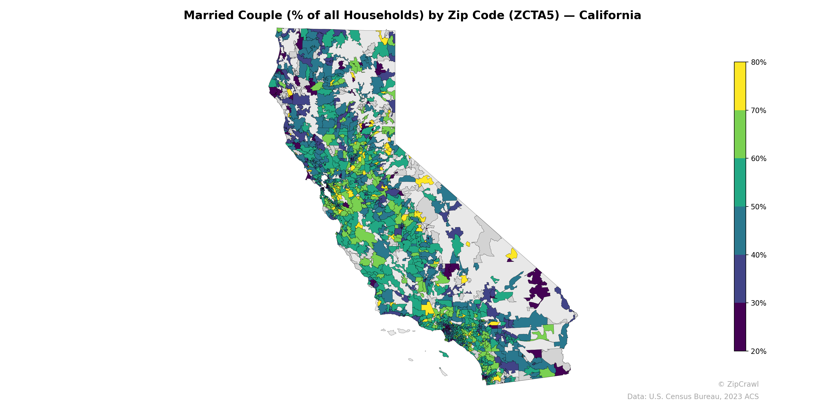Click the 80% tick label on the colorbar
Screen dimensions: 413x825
click(x=758, y=62)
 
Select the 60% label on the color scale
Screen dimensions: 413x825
click(x=758, y=159)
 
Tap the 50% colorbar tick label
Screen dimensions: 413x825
click(x=758, y=207)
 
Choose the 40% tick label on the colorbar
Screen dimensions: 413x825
click(x=758, y=255)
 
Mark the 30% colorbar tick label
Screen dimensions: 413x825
click(x=758, y=303)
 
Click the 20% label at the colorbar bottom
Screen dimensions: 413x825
click(x=758, y=351)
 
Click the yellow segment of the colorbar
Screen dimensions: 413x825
click(x=740, y=86)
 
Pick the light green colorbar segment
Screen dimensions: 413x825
click(x=740, y=134)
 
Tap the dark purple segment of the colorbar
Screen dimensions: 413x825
click(x=740, y=327)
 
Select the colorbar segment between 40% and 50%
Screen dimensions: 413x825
click(x=740, y=231)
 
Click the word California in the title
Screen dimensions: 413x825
click(x=610, y=15)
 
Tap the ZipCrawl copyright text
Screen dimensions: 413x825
click(x=738, y=384)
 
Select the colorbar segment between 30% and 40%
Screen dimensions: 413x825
click(x=740, y=279)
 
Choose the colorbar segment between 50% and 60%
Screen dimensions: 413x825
click(x=740, y=183)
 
